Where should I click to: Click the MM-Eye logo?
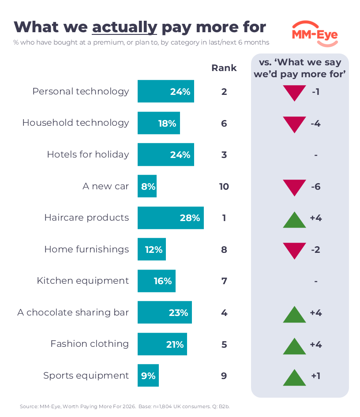[315, 34]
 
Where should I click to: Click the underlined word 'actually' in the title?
[125, 28]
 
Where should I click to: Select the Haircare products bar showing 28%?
[171, 218]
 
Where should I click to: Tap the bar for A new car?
[147, 186]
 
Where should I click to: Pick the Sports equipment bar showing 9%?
[148, 375]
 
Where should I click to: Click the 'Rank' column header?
[224, 68]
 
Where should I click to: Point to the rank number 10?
[224, 186]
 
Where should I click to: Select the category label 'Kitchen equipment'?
[82, 281]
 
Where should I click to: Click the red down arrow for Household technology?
[294, 124]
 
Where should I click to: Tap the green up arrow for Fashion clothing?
[294, 346]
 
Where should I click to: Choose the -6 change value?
[315, 186]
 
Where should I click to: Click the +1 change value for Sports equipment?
[315, 376]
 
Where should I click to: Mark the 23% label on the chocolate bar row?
[178, 313]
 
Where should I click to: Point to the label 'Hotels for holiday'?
[88, 154]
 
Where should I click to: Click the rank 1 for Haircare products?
[224, 218]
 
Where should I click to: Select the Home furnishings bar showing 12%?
[152, 249]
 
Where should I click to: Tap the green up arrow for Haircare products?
[294, 220]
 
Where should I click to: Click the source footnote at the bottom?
[125, 406]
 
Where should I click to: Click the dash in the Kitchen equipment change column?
[316, 281]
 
